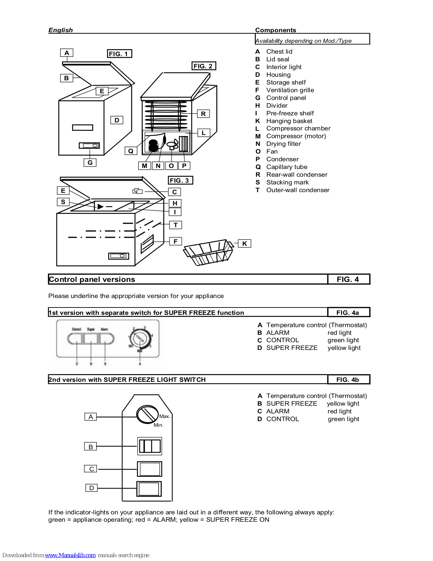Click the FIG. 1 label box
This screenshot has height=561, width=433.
119,54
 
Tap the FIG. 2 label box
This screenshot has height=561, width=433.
204,66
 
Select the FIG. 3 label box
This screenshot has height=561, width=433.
180,180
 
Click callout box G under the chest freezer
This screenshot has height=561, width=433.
90,162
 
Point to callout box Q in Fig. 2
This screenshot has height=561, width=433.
131,151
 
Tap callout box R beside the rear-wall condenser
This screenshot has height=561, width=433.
203,114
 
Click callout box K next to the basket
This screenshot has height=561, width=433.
244,243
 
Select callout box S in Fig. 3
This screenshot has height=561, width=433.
63,202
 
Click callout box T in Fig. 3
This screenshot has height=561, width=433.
175,225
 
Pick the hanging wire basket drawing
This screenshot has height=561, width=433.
209,252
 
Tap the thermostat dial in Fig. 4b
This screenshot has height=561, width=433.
147,414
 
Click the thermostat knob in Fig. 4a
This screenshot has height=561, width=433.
140,338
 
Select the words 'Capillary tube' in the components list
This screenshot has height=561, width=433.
287,167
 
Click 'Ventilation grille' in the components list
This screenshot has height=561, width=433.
290,90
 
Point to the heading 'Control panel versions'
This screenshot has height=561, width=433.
92,279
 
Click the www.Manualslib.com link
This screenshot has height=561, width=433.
70,555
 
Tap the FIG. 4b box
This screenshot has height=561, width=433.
348,379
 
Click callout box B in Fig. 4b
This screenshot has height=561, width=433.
90,446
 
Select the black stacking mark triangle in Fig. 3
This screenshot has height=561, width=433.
100,207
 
